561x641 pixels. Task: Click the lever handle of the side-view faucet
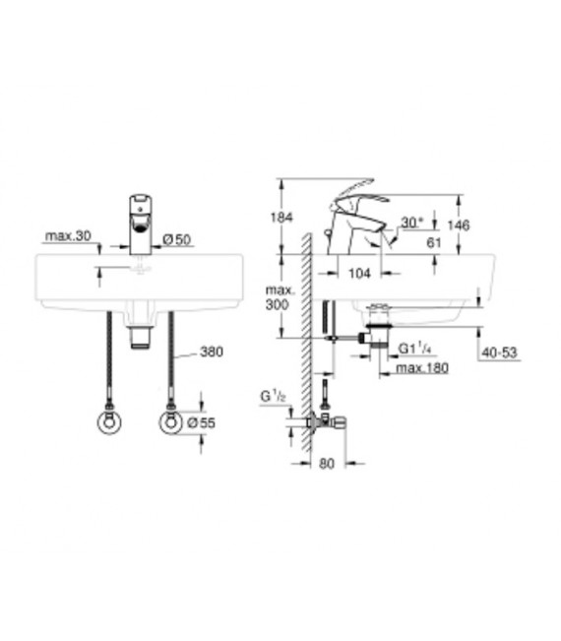(355, 191)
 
